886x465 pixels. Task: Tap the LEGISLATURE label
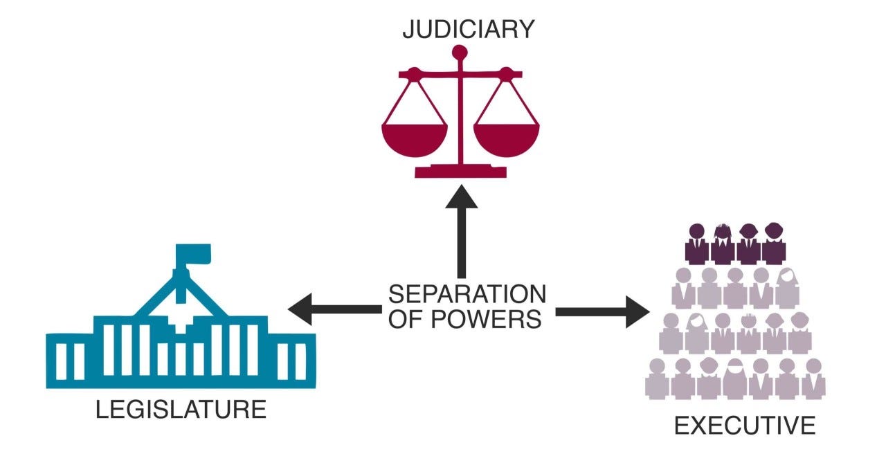[181, 409]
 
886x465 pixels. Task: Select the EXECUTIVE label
[745, 426]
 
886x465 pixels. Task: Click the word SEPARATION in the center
[467, 295]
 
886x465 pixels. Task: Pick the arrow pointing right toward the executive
[602, 312]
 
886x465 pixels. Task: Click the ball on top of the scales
[460, 52]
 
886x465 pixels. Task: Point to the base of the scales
[460, 170]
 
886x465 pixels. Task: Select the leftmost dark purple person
[697, 243]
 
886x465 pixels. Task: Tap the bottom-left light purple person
[656, 379]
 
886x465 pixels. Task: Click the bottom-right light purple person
[813, 379]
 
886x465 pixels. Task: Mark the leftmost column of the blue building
[62, 361]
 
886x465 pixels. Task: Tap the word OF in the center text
[404, 320]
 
